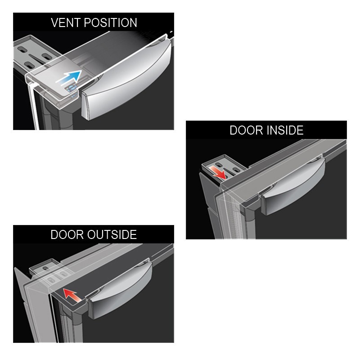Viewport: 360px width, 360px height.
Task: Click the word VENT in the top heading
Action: (x=66, y=23)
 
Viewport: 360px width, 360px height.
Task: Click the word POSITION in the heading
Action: (x=110, y=23)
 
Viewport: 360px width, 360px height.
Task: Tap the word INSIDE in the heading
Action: (x=285, y=130)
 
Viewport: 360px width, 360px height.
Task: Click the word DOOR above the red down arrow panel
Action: (x=247, y=130)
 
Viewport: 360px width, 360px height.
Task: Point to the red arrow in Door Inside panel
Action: (x=218, y=172)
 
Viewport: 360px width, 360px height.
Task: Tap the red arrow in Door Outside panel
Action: (x=72, y=296)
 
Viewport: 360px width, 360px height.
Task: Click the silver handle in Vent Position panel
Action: (x=126, y=83)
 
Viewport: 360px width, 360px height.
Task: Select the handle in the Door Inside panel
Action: (x=293, y=186)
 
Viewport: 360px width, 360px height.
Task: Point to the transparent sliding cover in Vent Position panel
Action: (x=53, y=83)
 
